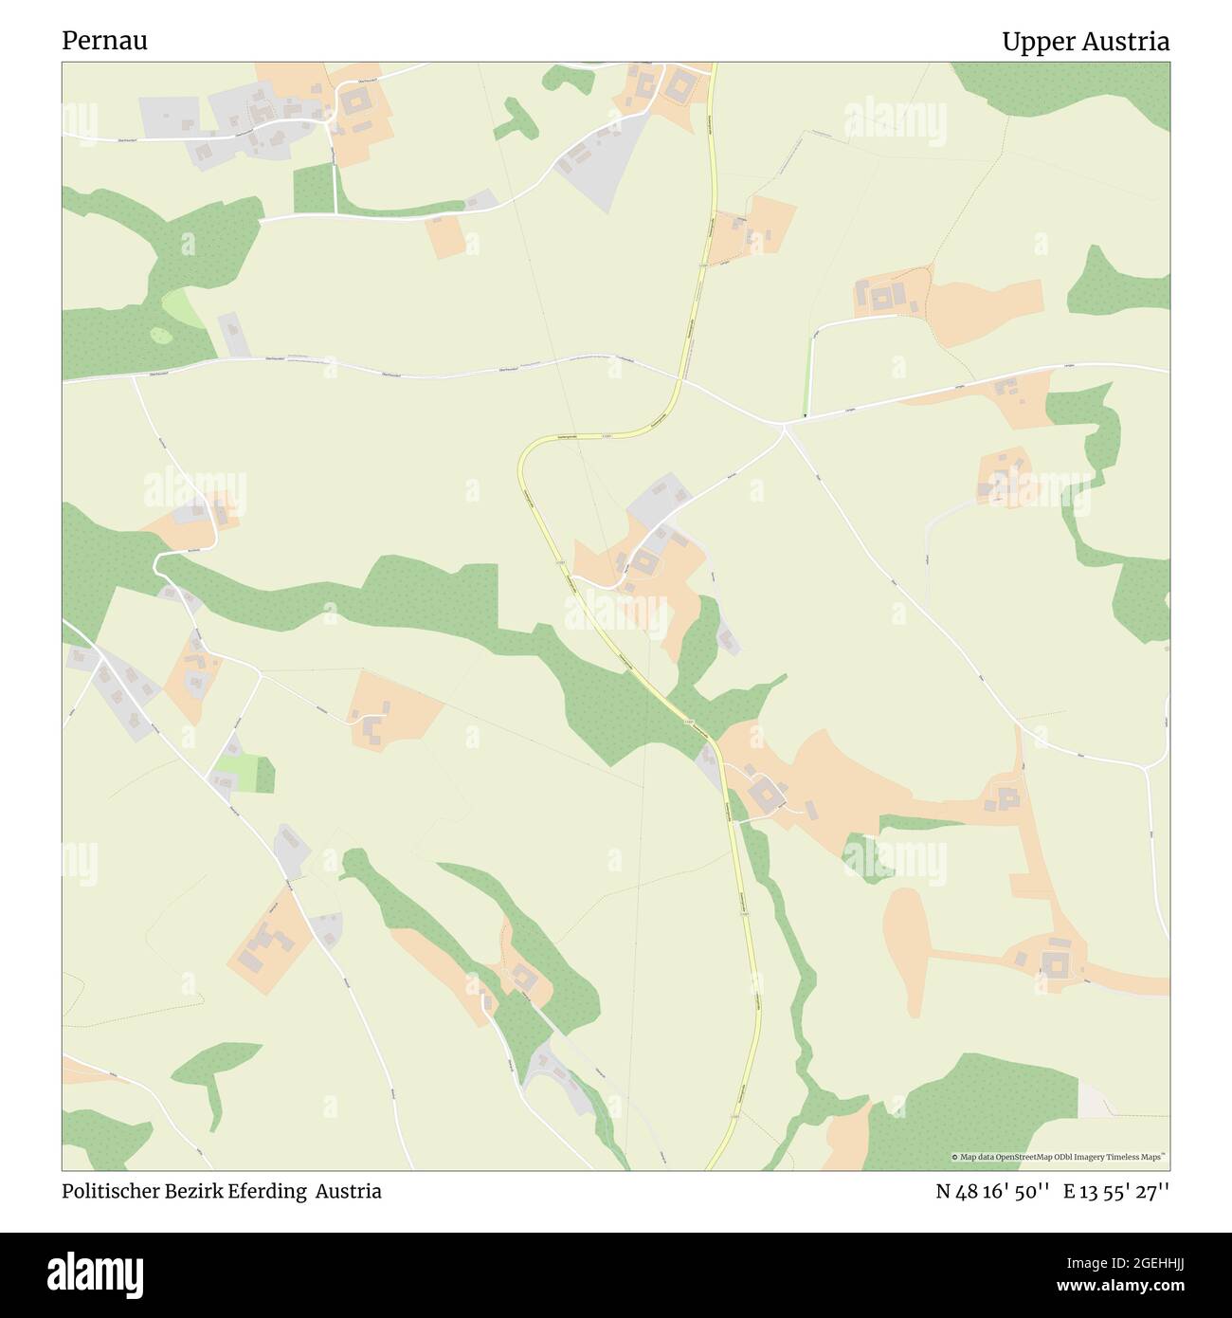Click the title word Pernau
[x=104, y=42]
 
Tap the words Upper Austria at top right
[x=1085, y=42]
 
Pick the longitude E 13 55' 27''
[x=1116, y=1191]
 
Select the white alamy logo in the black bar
[x=100, y=1273]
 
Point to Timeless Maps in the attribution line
[x=1138, y=1157]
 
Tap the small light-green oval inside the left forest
[x=162, y=335]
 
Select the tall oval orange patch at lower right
[x=907, y=948]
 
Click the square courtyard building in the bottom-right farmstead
[x=1053, y=964]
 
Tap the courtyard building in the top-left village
[x=356, y=101]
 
